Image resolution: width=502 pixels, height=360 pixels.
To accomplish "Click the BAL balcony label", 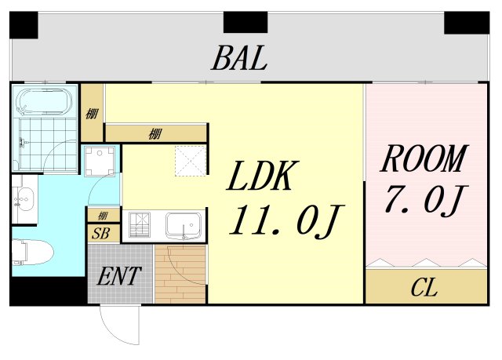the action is [239, 58].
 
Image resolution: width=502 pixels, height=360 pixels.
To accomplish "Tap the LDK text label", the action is [263, 176].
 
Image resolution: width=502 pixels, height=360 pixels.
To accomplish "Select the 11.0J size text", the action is [286, 221].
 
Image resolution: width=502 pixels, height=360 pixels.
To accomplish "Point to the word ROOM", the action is [424, 159].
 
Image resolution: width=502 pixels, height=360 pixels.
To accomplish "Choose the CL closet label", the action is [424, 287].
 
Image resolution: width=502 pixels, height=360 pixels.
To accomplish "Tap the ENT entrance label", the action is [119, 276].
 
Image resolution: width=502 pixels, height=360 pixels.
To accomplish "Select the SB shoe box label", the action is [100, 234].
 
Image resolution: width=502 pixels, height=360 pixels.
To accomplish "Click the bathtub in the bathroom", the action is [44, 102].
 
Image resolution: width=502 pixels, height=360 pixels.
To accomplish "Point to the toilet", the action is [32, 253].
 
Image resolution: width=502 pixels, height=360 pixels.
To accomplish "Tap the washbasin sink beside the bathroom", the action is [24, 199].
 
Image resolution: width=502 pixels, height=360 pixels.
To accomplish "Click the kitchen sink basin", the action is [184, 226].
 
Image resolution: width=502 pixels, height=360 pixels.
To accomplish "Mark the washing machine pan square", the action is [100, 161].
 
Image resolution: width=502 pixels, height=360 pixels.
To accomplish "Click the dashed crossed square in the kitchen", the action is [190, 160].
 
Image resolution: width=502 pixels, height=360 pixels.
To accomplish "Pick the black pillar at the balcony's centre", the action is [246, 22].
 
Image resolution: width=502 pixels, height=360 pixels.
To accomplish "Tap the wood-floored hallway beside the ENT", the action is [180, 275].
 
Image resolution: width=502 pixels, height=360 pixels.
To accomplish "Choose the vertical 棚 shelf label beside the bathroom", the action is [92, 114].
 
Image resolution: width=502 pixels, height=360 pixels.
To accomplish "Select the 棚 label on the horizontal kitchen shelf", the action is [155, 133].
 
